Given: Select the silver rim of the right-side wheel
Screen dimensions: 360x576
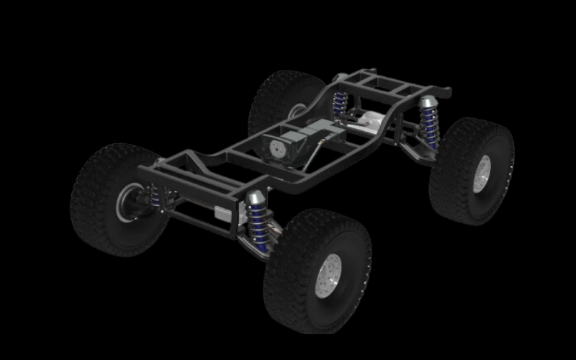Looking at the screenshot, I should pos(482,174).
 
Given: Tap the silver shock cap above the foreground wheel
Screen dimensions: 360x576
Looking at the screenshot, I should pos(256,198).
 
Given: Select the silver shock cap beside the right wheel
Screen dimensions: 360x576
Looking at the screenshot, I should pos(428,102).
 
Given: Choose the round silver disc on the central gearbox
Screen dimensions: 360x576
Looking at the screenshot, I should pos(276,149).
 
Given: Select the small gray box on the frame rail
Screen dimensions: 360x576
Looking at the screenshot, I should pos(223,212).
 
